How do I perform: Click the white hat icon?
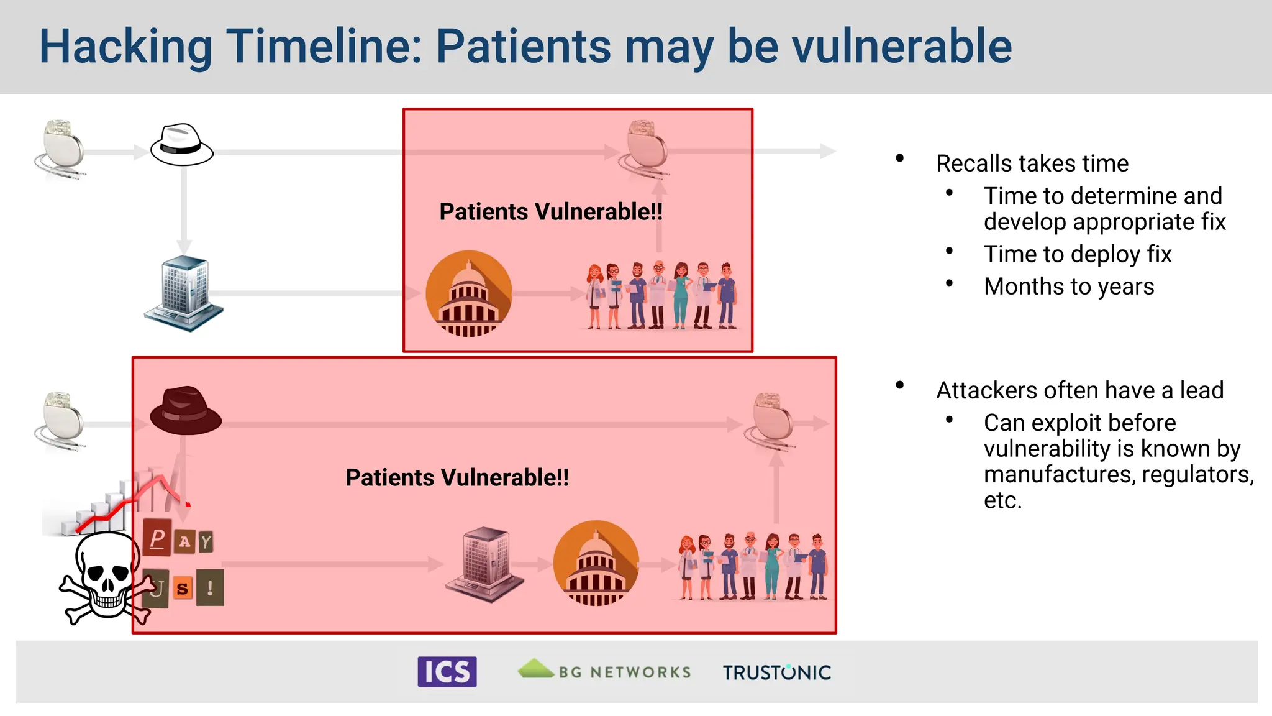181,145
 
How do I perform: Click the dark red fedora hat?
185,411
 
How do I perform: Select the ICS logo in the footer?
447,672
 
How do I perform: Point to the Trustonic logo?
776,672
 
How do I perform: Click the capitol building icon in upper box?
469,293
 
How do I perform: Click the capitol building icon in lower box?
596,563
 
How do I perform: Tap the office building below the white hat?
184,293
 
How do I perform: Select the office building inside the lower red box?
485,563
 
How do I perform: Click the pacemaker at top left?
61,149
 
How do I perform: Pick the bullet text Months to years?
1069,287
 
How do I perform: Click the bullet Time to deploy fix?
1078,254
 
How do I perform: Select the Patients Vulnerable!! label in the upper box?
551,212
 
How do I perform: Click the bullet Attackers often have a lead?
1079,390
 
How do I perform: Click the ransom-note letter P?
158,538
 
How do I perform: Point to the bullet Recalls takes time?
1032,163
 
